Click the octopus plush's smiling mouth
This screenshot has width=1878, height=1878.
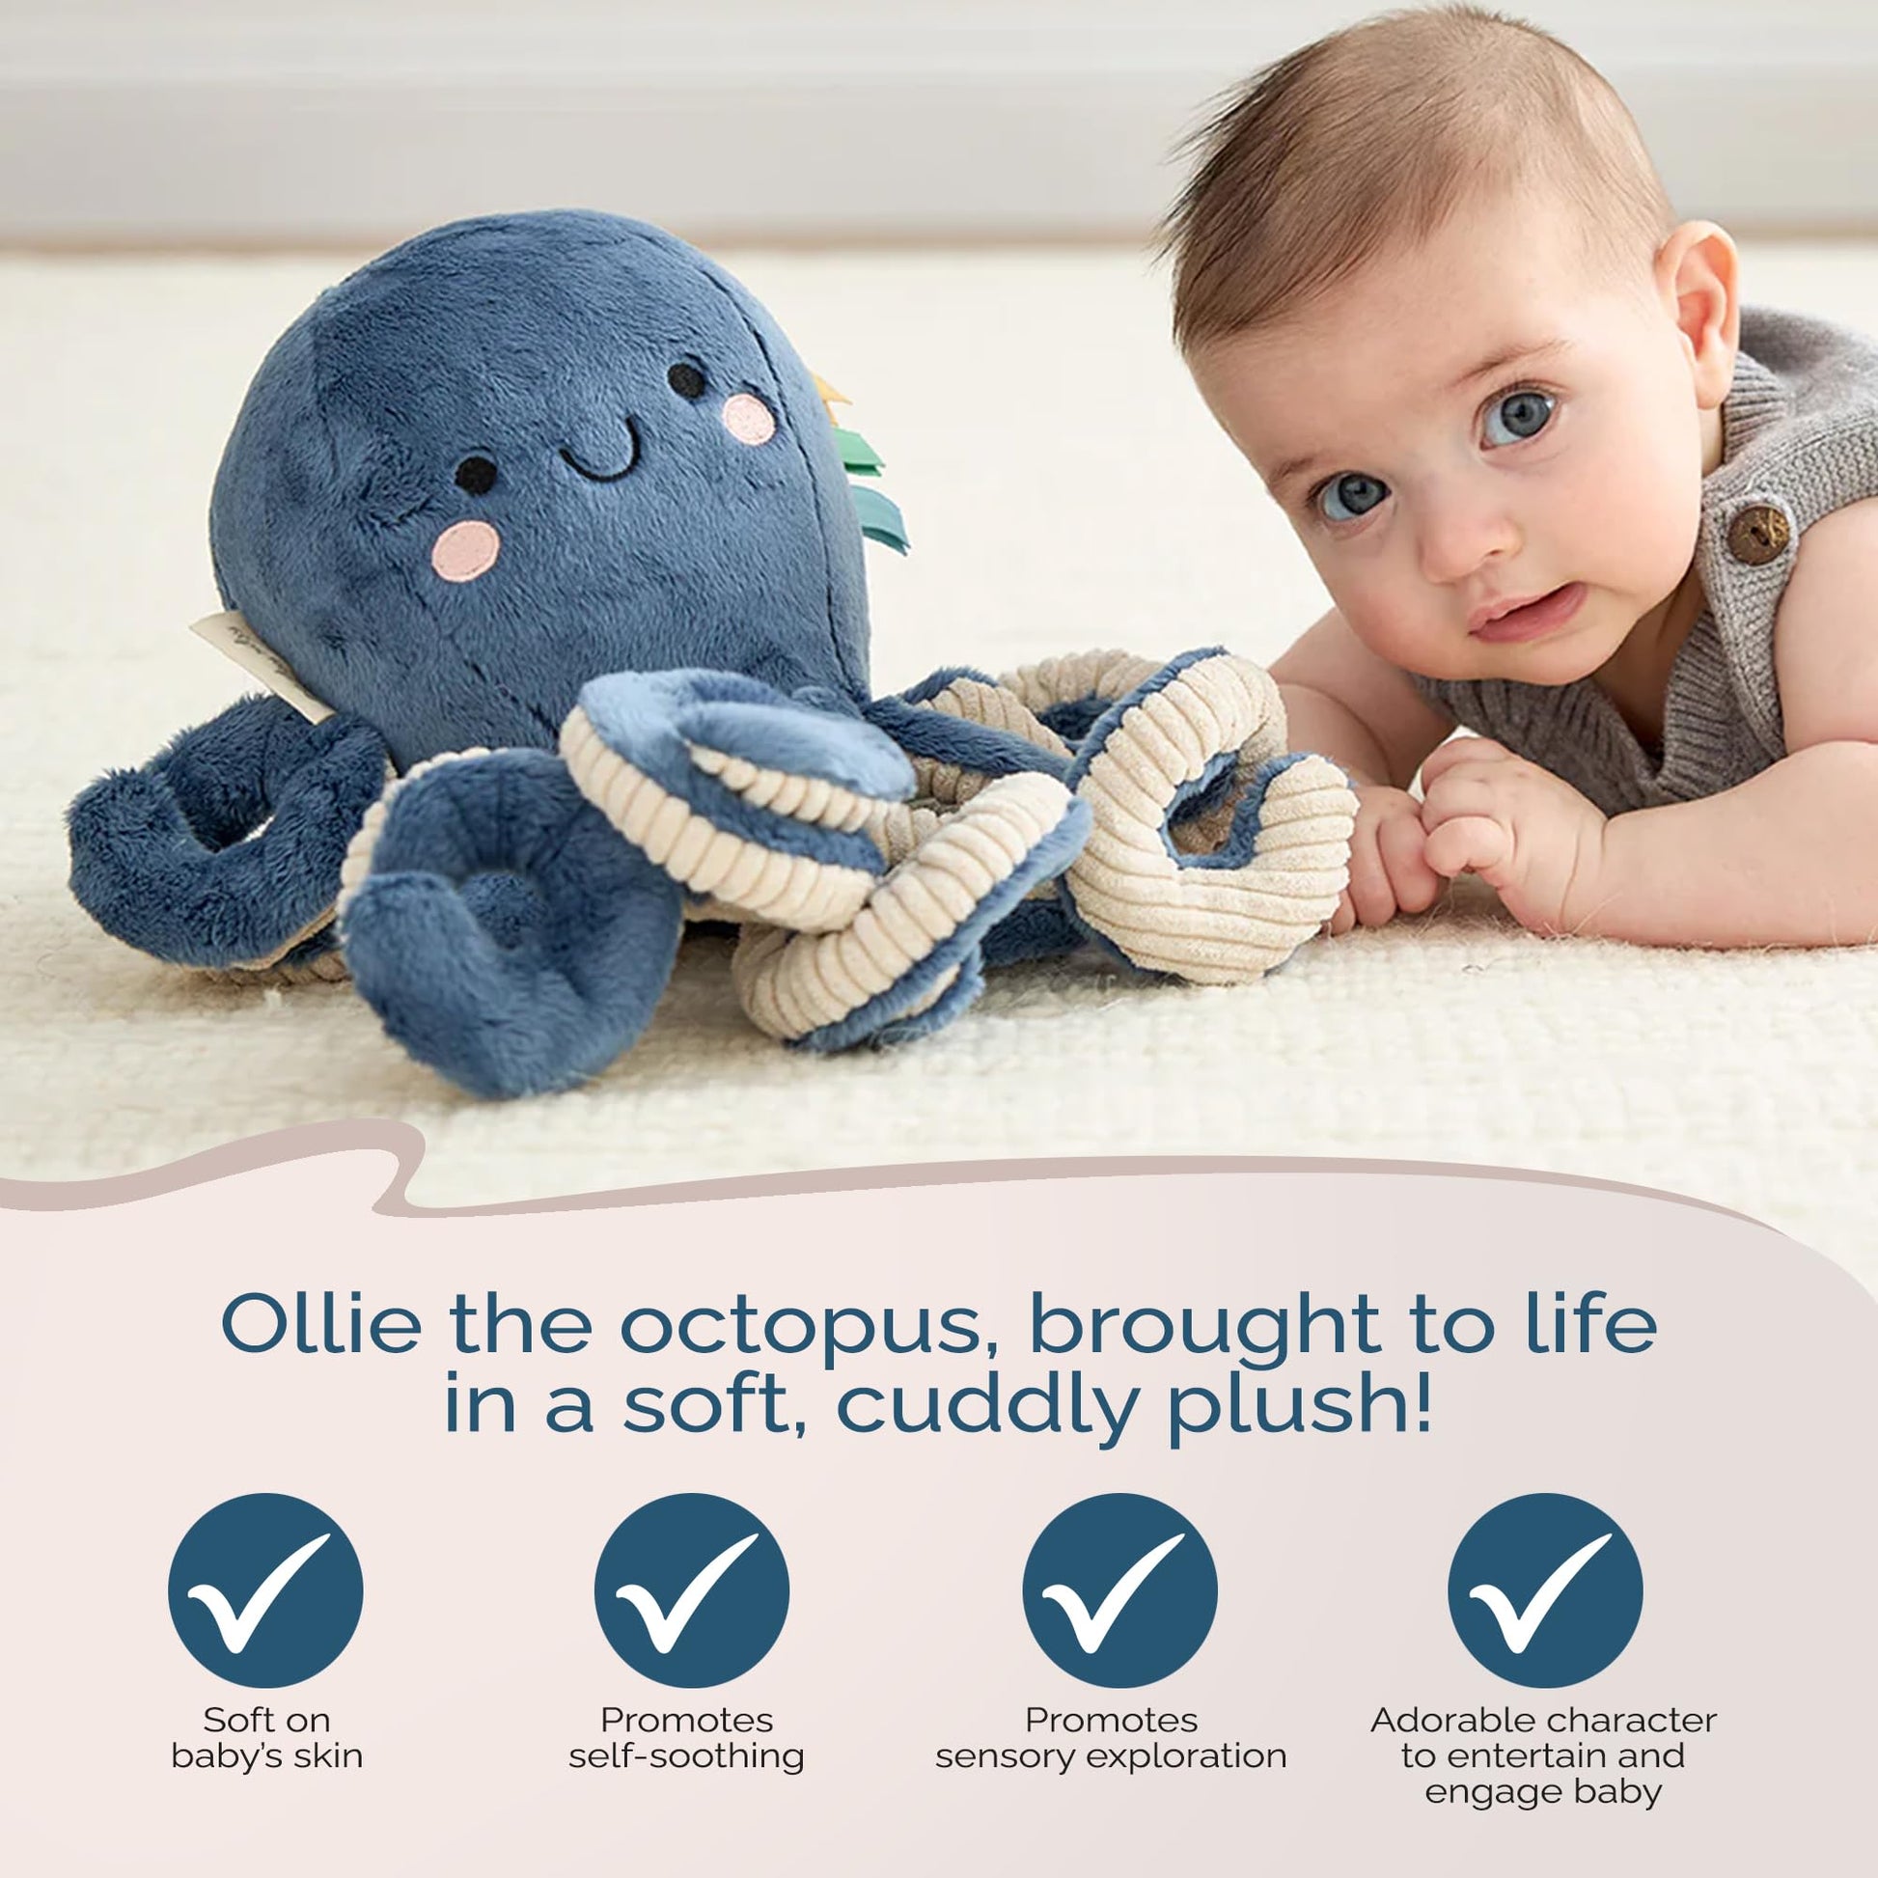click(x=599, y=446)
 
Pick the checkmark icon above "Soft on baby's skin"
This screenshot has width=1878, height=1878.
click(x=265, y=1591)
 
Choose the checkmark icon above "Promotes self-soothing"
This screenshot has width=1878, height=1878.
click(x=691, y=1591)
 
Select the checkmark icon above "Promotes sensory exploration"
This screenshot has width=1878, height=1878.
click(x=1119, y=1591)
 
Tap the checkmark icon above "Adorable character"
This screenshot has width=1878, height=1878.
click(x=1545, y=1591)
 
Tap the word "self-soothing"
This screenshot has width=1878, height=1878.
click(x=686, y=1755)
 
